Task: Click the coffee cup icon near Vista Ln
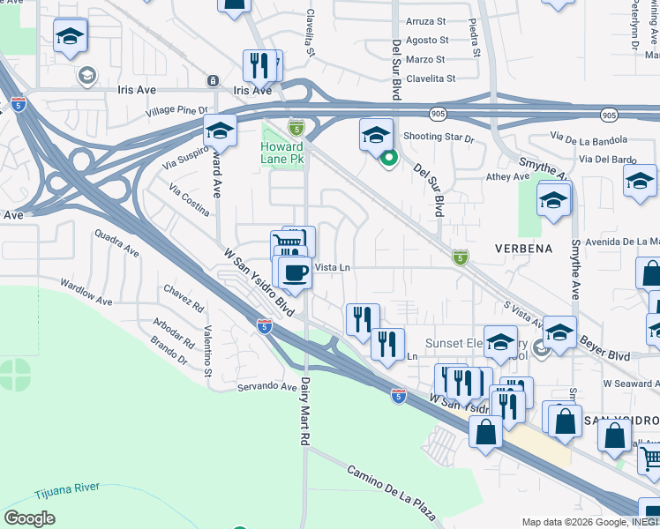point(295,272)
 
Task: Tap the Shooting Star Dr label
point(439,138)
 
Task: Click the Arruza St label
point(426,21)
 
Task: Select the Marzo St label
point(426,60)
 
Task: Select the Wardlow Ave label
point(86,293)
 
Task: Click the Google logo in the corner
point(29,518)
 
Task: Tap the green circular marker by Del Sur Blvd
point(388,159)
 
